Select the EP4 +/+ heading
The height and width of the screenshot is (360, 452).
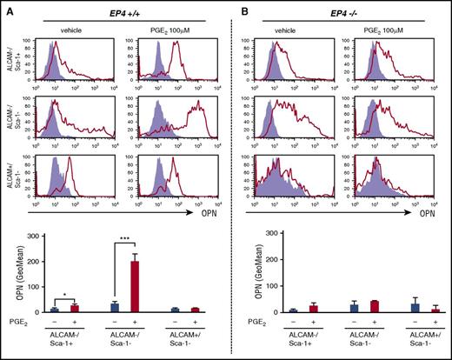(x=122, y=11)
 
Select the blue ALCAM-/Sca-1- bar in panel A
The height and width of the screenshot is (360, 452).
(x=115, y=306)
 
